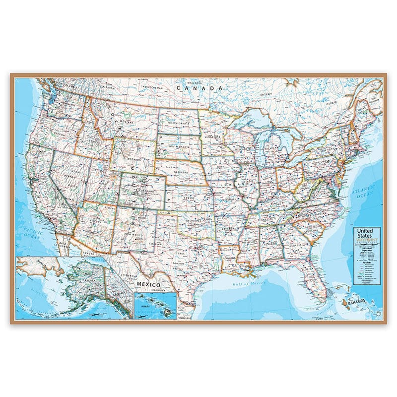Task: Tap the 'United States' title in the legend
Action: [x=367, y=234]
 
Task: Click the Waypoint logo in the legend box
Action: [x=367, y=242]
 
